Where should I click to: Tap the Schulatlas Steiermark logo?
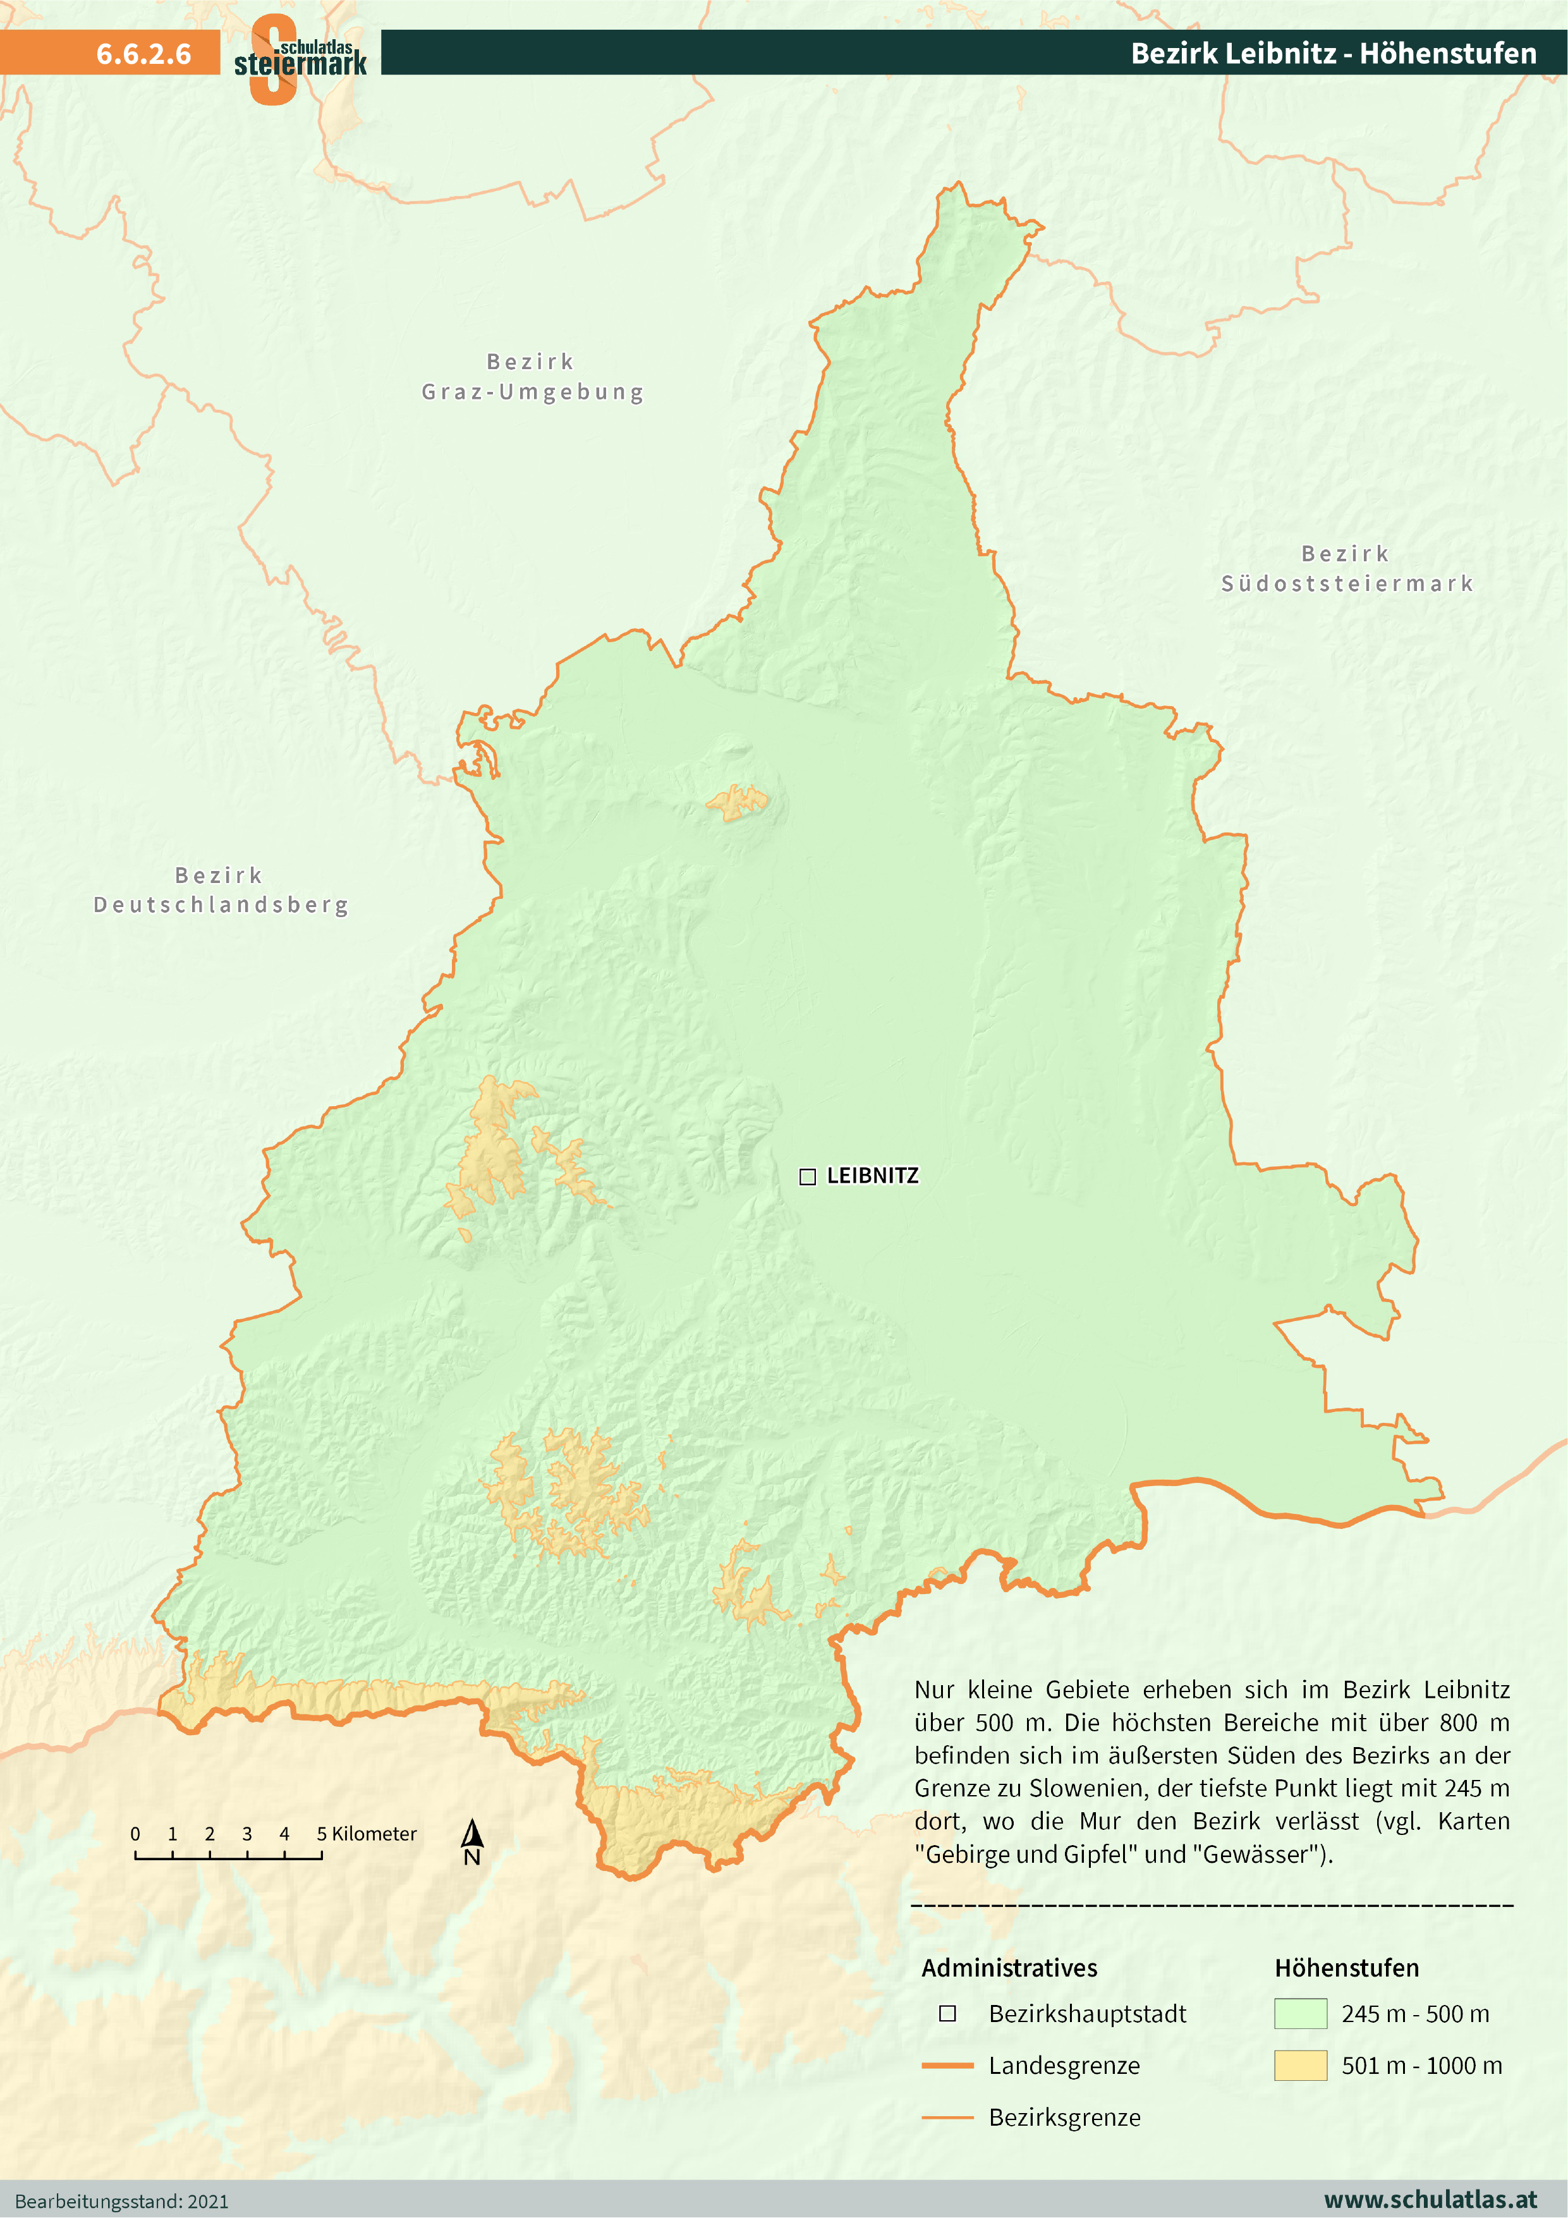point(300,58)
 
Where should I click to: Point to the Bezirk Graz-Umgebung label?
point(532,377)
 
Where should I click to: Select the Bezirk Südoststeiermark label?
point(1347,568)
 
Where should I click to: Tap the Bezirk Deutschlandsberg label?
point(221,890)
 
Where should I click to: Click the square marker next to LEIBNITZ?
point(808,1176)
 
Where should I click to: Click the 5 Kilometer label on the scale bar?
point(367,1834)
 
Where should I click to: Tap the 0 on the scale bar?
point(135,1834)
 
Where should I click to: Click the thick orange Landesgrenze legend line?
point(947,2066)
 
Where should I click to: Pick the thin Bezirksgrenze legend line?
point(947,2117)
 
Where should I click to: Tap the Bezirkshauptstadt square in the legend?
point(948,2013)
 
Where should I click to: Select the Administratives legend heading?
point(1009,1968)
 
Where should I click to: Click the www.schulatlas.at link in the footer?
point(1429,2200)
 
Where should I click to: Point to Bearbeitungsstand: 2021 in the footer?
point(122,2202)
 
